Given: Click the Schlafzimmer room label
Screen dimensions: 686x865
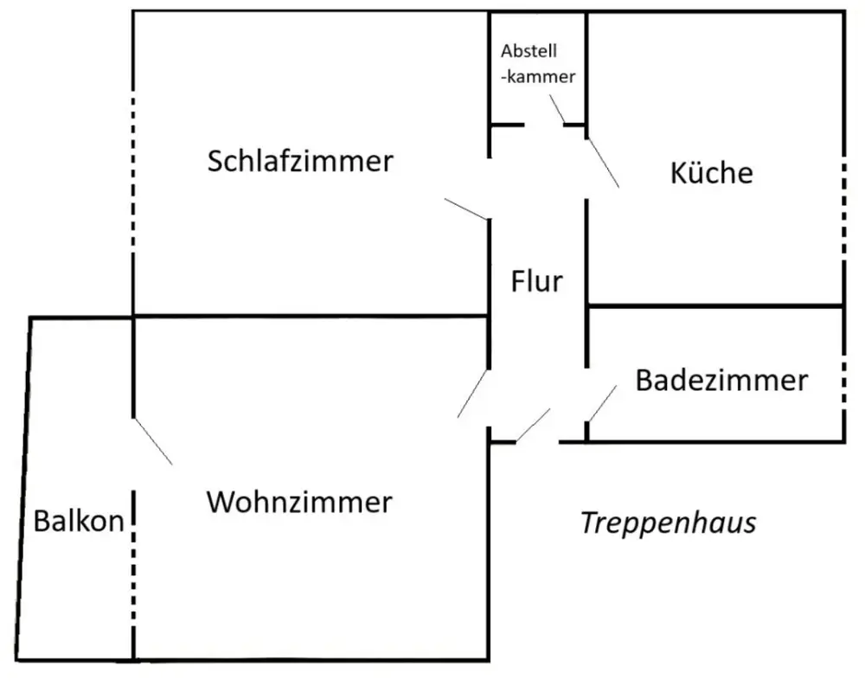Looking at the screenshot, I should point(300,162).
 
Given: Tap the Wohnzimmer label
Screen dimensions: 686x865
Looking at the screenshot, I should point(299,502).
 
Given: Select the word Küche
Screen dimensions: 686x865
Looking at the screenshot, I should point(711,173).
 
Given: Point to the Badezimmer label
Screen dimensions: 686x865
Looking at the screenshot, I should point(721,380).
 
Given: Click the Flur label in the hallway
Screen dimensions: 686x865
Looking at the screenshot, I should point(537,281).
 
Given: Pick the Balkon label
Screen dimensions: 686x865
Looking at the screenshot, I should point(79,522).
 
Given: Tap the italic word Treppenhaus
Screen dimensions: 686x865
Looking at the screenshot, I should point(668,523).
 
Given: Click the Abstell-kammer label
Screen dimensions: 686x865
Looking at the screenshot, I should point(537,63).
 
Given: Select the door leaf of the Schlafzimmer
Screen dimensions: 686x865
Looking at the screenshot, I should point(467,208).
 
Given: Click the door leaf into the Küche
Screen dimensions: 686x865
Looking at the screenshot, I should point(603,163).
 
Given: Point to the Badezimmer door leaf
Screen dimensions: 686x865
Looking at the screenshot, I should point(601,403).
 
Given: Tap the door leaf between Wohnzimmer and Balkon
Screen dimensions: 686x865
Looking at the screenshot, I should point(152,442).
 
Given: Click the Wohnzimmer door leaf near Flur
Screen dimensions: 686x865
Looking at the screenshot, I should point(473,394).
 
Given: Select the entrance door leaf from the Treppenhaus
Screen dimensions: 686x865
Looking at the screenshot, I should point(533,426).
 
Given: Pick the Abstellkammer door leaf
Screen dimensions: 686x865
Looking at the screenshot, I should point(556,110).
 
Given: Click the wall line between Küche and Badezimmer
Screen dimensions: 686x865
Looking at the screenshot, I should point(715,305).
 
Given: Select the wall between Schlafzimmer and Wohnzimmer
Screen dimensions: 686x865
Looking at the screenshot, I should point(311,316).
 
